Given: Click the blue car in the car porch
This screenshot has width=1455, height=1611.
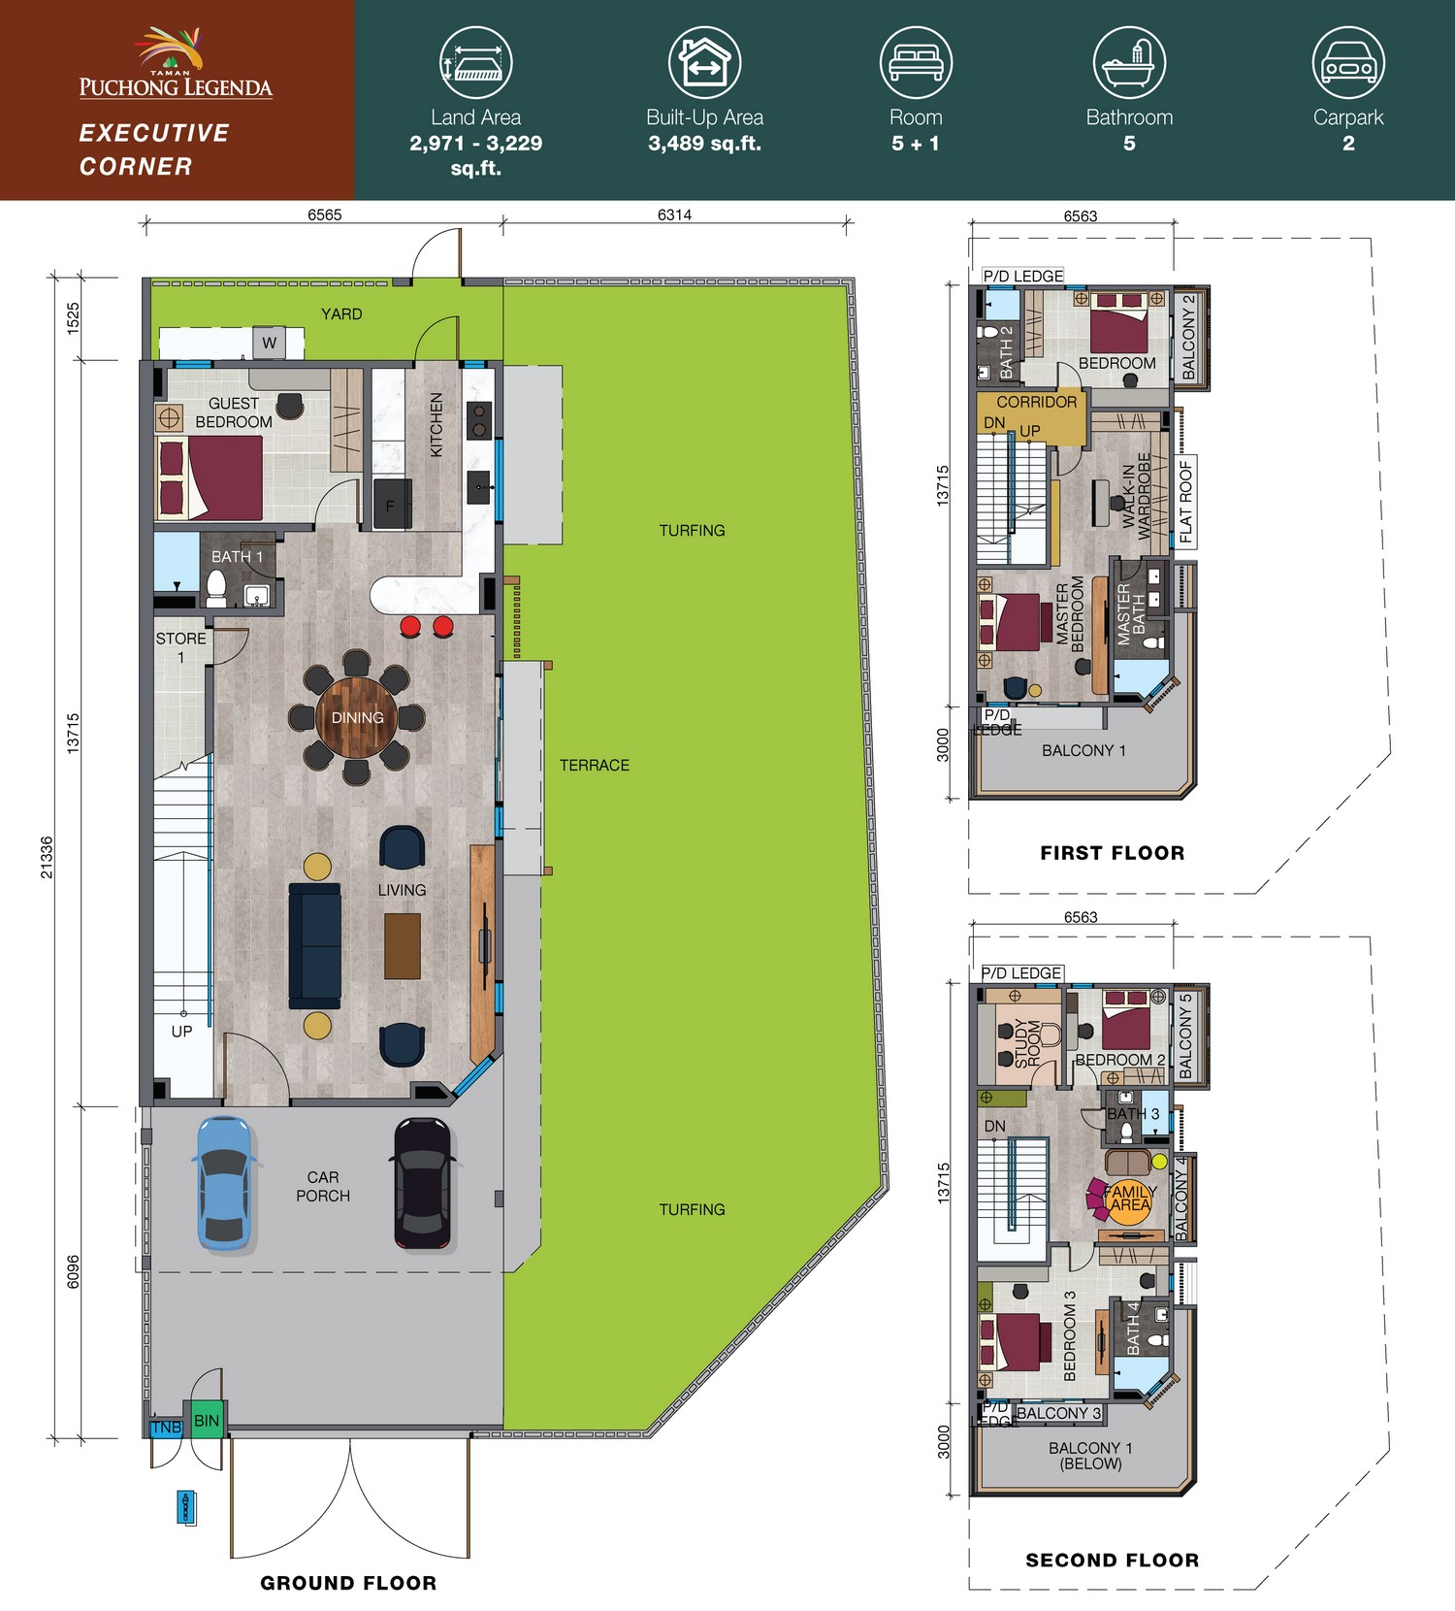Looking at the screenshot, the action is pos(225,1182).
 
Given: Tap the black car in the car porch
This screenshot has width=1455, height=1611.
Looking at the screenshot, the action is pos(422,1182).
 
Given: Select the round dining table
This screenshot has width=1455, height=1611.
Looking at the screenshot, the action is pos(357,717).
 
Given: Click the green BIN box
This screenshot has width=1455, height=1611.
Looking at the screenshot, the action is pos(207,1420).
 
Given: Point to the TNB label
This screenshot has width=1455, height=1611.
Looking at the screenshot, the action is pos(166,1428).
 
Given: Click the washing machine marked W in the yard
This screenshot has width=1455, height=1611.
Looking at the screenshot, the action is pos(269,343).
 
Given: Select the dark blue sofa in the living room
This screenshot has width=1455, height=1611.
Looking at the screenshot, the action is pos(315,945).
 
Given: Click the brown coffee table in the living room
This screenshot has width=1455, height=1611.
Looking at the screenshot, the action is pos(403,946).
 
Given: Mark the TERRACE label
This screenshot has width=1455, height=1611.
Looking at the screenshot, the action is pos(595,766).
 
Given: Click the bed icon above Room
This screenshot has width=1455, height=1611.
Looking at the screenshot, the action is pos(916,62).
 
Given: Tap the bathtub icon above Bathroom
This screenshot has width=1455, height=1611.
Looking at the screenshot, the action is pos(1129,62).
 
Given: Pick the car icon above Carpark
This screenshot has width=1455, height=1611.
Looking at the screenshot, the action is pos(1348,62).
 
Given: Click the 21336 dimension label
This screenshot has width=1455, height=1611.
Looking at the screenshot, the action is pos(47,858).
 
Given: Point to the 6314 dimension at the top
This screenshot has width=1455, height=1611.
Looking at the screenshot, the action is pos(674,214).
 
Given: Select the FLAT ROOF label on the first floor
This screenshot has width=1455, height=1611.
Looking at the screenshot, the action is pos(1186,501).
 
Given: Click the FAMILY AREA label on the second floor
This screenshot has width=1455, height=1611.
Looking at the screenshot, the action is pos(1130,1198).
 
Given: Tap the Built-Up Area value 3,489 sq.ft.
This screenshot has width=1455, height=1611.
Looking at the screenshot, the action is pos(704,144).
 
